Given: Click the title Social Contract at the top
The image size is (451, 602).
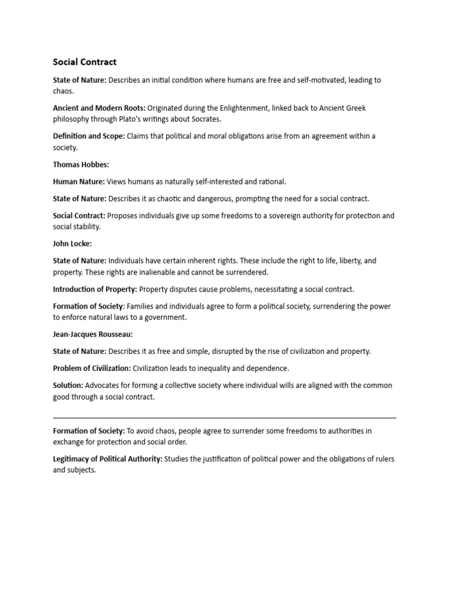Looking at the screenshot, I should [85, 62].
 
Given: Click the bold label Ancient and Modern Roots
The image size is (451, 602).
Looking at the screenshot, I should [99, 108].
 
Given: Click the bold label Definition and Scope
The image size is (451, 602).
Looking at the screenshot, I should [89, 136].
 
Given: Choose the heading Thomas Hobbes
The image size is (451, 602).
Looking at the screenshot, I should [81, 165].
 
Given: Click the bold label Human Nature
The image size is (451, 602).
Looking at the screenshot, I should [79, 182].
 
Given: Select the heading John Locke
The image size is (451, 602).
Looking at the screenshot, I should [72, 243].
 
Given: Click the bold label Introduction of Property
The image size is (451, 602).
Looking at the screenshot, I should [95, 289].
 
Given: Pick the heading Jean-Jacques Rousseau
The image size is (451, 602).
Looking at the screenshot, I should [93, 335].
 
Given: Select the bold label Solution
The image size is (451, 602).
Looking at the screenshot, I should [68, 386].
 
